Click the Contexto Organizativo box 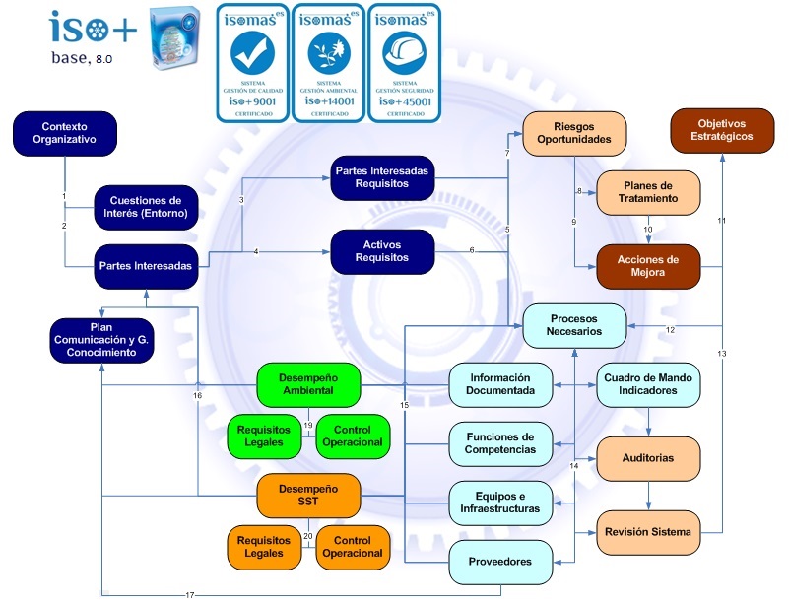[x=66, y=133]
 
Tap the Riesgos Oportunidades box [x=574, y=133]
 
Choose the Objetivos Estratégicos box [x=722, y=130]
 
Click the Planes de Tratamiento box [x=648, y=192]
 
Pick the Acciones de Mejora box [x=648, y=266]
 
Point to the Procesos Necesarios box [x=574, y=325]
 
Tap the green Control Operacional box [x=353, y=436]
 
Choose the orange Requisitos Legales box [x=264, y=547]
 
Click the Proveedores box [x=499, y=562]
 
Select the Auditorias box [x=648, y=458]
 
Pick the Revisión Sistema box [x=648, y=532]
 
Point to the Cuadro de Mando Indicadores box [x=648, y=383]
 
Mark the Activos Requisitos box [x=381, y=251]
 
